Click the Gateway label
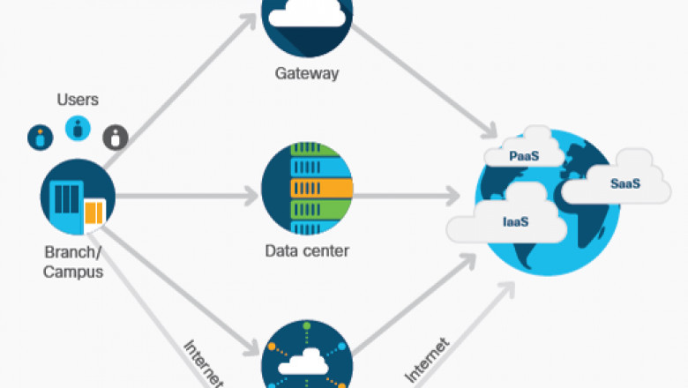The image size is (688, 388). [307, 74]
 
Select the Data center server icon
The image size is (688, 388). [307, 187]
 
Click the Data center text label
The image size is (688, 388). [307, 250]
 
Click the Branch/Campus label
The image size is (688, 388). [74, 262]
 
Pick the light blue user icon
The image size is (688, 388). [78, 129]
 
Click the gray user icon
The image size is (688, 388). [116, 137]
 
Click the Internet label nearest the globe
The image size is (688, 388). [428, 361]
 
